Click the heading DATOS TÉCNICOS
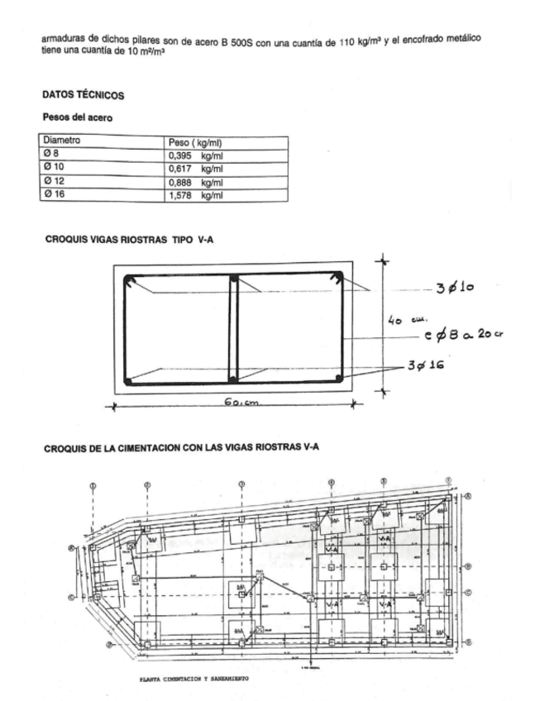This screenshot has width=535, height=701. (x=83, y=96)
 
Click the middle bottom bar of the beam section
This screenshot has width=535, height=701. (x=233, y=379)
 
